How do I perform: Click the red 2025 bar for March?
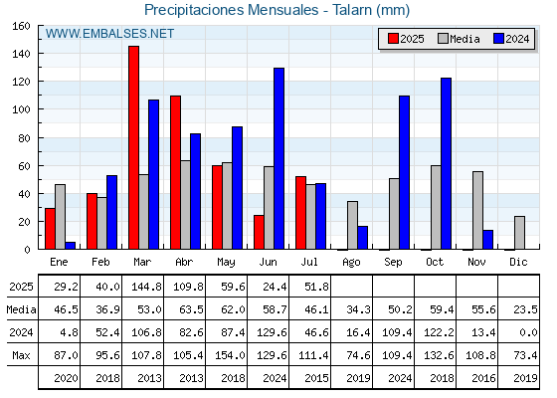(x=133, y=147)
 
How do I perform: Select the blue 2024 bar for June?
(x=278, y=158)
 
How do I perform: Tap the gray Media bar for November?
(x=477, y=210)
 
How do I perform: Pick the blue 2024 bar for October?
(x=447, y=163)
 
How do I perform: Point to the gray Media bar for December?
(x=519, y=233)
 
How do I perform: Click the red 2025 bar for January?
(x=50, y=229)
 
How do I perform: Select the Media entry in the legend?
(x=459, y=39)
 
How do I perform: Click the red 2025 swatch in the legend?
(x=393, y=39)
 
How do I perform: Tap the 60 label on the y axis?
(x=25, y=166)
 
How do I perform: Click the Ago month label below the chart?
(x=351, y=263)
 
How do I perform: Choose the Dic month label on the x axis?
(x=518, y=262)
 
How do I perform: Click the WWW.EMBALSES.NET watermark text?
(x=109, y=34)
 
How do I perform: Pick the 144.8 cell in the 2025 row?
(x=146, y=287)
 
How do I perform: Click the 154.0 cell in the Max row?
(x=230, y=355)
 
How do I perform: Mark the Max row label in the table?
(x=21, y=355)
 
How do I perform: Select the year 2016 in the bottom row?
(x=483, y=378)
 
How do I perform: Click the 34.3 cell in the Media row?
(x=358, y=309)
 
